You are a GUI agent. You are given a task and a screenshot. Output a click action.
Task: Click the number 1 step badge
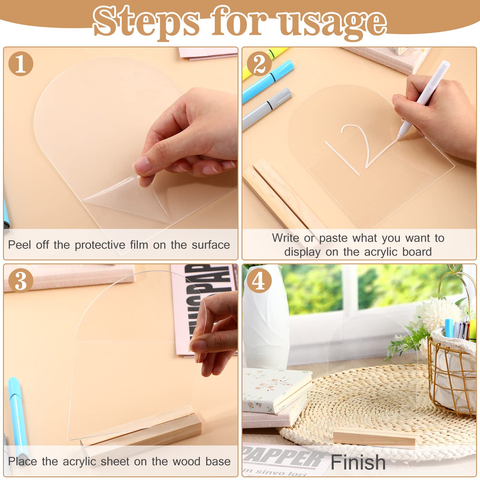[21, 64]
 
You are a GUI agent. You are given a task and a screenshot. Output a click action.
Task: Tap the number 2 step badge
[259, 64]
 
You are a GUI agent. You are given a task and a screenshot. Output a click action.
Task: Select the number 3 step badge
[21, 280]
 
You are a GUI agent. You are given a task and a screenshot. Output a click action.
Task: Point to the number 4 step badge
[259, 280]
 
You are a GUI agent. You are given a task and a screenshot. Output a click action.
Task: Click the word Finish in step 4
[358, 462]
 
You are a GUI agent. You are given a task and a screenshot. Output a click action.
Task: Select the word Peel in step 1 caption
[19, 245]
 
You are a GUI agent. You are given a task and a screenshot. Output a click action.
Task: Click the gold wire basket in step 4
[451, 372]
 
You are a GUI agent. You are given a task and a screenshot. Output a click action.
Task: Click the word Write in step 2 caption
[285, 238]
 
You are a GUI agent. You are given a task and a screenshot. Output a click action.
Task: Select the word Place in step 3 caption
[22, 461]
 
